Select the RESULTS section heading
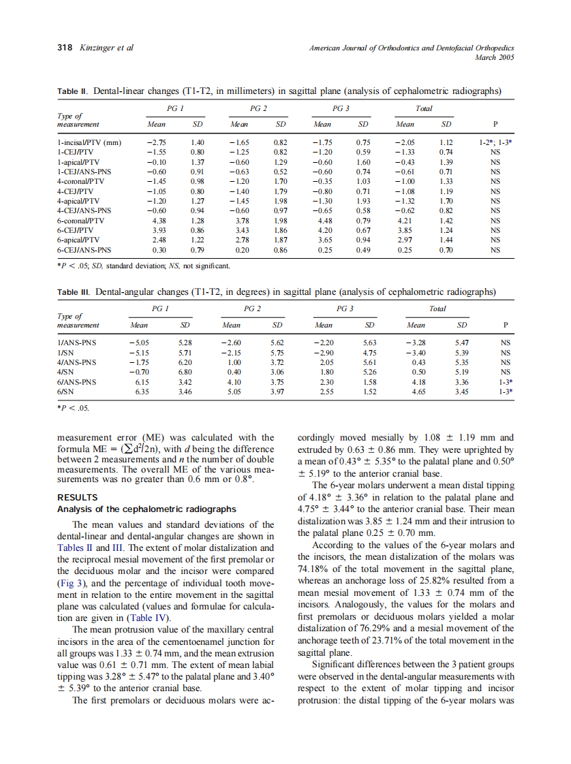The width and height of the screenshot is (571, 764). [x=78, y=497]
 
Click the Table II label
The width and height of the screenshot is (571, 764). [x=74, y=91]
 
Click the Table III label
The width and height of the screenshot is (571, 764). [x=74, y=292]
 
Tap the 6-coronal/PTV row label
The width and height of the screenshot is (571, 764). [x=80, y=220]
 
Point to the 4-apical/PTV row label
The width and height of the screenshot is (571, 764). [x=78, y=201]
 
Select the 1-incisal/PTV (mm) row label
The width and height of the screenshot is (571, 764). [x=89, y=142]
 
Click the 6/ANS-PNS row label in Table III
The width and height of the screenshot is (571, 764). [x=77, y=382]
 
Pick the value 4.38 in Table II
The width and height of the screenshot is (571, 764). [x=157, y=220]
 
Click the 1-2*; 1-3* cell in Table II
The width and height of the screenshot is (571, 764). [x=495, y=142]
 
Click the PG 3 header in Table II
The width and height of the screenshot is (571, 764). [x=341, y=109]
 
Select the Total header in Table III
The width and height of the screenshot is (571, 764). [x=437, y=308]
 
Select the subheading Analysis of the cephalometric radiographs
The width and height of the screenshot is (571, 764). [x=146, y=509]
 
